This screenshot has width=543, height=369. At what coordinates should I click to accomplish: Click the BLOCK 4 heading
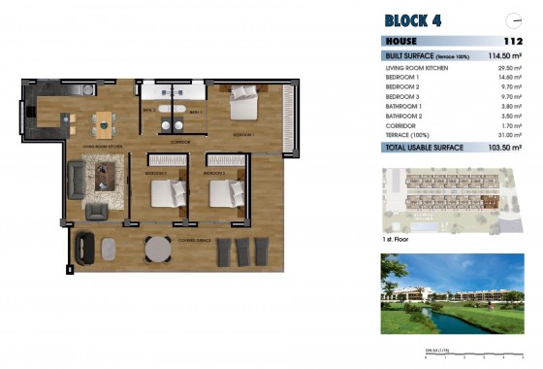(414, 19)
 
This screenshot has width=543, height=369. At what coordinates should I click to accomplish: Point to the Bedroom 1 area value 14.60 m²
(510, 78)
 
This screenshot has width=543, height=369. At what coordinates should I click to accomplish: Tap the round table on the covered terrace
(157, 250)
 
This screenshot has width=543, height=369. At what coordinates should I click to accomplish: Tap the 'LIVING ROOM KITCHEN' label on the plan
(102, 146)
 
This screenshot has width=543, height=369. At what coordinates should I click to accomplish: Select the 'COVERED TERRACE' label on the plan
(194, 239)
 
